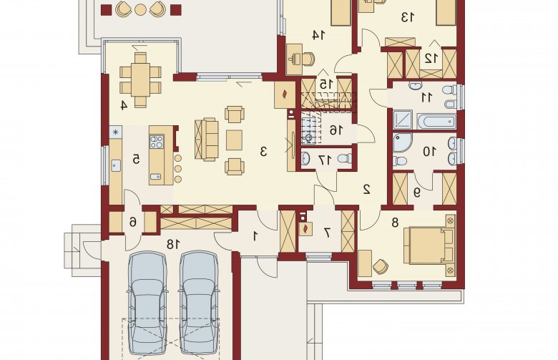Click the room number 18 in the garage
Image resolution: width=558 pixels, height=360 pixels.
[173, 244]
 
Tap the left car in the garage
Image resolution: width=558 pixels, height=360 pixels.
[147, 303]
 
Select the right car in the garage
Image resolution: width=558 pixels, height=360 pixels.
[199, 303]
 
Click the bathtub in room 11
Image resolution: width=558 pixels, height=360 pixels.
[436, 122]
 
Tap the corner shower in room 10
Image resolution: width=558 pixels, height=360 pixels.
[402, 143]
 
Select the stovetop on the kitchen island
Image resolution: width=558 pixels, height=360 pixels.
[157, 142]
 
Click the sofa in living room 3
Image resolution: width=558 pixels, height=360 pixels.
[207, 140]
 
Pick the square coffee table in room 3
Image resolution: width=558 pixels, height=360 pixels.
[234, 140]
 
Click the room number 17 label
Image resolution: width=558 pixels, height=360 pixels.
[325, 160]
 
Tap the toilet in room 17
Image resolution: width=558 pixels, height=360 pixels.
[346, 158]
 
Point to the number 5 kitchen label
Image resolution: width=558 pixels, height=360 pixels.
[136, 159]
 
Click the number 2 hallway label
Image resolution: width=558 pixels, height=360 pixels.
[366, 190]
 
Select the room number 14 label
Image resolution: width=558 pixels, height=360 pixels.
[318, 35]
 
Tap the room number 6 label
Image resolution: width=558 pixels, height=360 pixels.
[133, 223]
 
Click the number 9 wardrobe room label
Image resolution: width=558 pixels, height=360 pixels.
[417, 193]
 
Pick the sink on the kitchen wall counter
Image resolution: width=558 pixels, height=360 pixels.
[116, 165]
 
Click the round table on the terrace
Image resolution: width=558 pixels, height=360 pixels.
[140, 9]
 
